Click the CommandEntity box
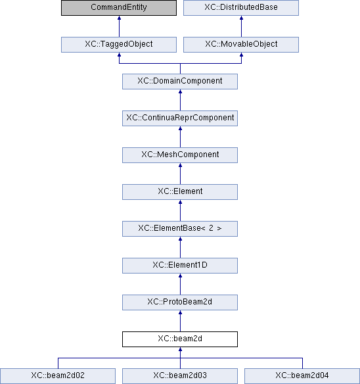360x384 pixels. (x=119, y=8)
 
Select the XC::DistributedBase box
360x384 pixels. (x=241, y=8)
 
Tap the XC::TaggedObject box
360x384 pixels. (x=119, y=45)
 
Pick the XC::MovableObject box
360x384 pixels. (x=241, y=45)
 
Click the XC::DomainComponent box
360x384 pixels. (x=180, y=82)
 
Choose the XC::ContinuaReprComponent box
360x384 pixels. (x=180, y=118)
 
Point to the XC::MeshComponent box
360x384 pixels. (x=180, y=155)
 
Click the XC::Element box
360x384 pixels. (x=180, y=192)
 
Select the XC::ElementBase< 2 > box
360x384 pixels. (x=180, y=229)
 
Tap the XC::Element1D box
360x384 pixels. (x=180, y=266)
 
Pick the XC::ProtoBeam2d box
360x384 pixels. (x=180, y=302)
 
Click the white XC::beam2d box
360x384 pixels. (x=180, y=339)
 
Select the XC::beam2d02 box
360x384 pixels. (x=58, y=376)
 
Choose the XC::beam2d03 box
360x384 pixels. (x=180, y=376)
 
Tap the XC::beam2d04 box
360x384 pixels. (x=302, y=376)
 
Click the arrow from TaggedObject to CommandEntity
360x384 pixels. (x=119, y=26)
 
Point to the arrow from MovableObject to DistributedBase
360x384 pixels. (x=241, y=26)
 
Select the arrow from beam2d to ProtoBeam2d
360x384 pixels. (x=181, y=321)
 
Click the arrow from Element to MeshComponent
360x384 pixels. (x=181, y=174)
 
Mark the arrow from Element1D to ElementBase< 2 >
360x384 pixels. (x=181, y=247)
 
